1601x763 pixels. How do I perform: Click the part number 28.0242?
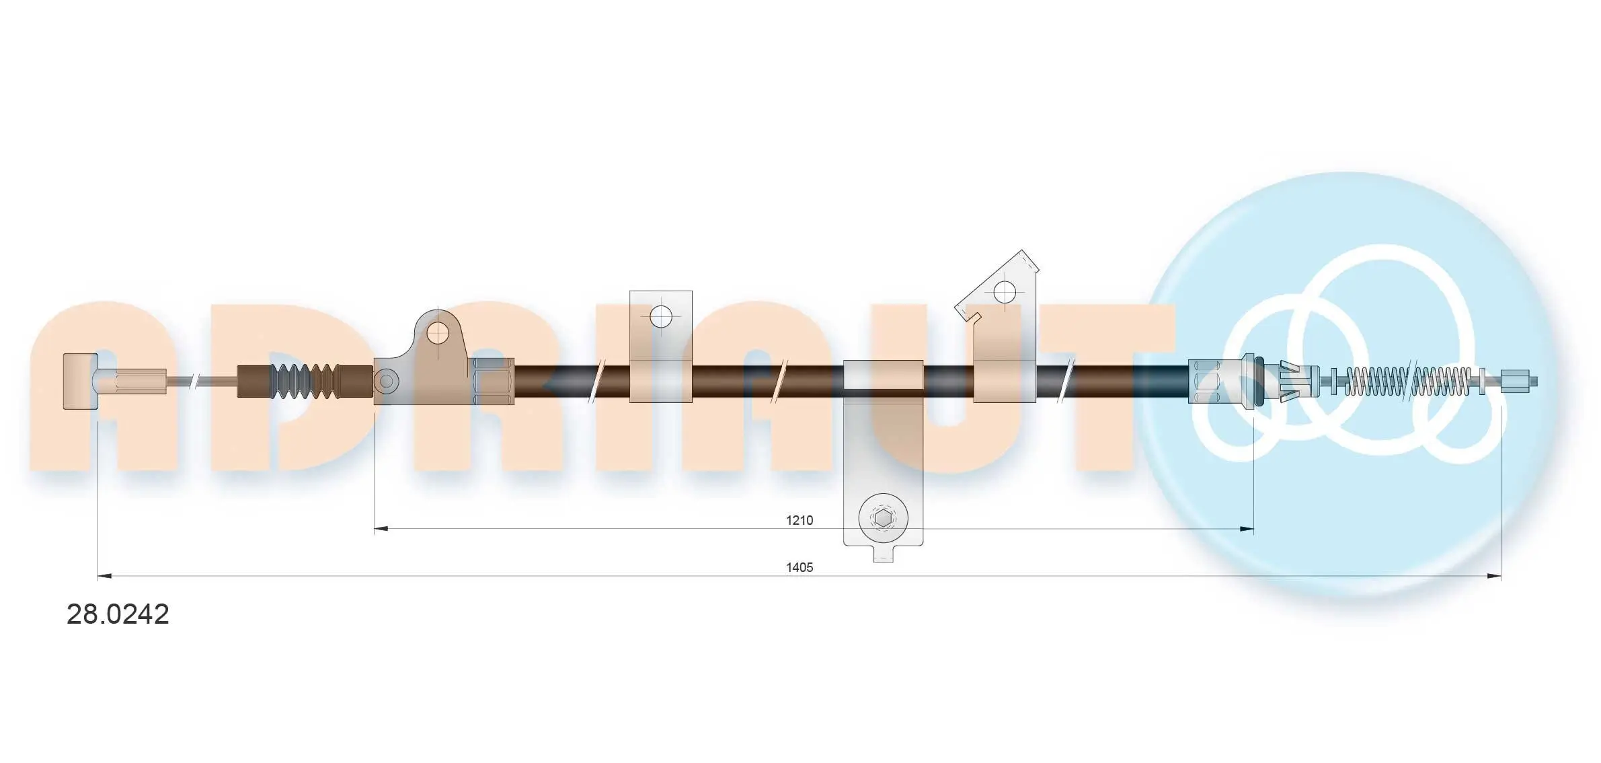click(118, 614)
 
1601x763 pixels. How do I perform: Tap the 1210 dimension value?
click(799, 520)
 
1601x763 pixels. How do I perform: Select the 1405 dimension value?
click(799, 567)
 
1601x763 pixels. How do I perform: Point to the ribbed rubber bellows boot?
click(305, 381)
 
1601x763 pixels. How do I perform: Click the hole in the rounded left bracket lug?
click(438, 332)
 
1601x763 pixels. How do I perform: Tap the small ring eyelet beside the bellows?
click(386, 381)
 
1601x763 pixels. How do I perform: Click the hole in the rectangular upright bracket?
click(662, 316)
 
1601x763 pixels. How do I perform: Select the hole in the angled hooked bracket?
click(1005, 292)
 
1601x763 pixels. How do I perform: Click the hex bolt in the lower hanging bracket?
click(884, 519)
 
